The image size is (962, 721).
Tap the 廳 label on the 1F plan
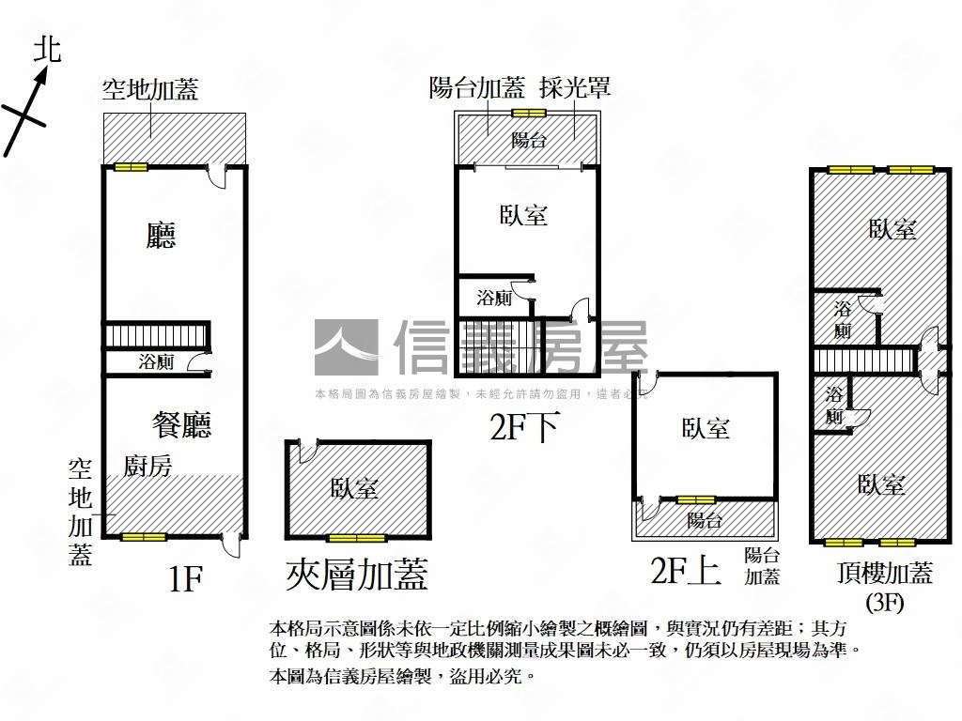[161, 236]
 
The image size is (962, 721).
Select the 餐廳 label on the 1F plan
[181, 424]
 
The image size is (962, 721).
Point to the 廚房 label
[147, 466]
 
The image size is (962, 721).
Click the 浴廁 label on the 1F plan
[155, 361]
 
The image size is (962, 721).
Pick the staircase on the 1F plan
[155, 335]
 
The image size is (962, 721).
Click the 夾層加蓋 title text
[357, 575]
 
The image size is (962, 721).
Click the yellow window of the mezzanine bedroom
[357, 538]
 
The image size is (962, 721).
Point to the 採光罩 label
[575, 88]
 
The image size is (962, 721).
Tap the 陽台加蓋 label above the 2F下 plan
[476, 88]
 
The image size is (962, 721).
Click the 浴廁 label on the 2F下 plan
[493, 299]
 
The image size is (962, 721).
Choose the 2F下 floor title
[524, 428]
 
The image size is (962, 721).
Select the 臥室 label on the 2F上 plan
[706, 429]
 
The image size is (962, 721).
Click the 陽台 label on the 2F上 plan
[704, 520]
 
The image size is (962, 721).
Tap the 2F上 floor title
[686, 570]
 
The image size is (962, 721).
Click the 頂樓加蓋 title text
[884, 574]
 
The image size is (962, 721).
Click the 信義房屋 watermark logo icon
[346, 347]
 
